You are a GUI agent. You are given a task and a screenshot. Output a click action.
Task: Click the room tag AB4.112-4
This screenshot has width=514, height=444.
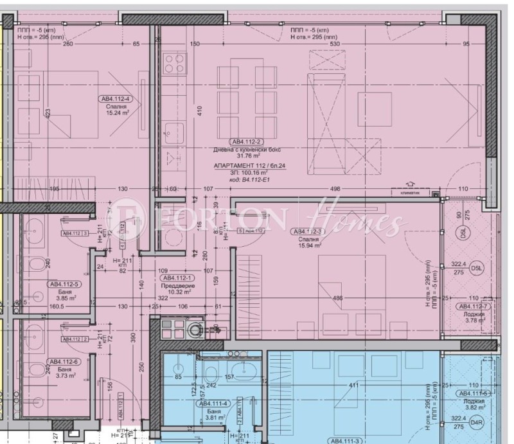coord(115,99)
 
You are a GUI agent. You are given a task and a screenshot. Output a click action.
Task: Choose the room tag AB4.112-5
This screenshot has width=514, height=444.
coord(63,283)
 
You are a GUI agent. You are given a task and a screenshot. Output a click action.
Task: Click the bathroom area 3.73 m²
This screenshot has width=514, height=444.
coord(63,377)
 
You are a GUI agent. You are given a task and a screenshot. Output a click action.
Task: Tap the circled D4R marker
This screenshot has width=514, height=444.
coord(476,422)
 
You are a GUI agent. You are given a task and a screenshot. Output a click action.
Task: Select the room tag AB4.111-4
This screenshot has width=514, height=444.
coord(211,405)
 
